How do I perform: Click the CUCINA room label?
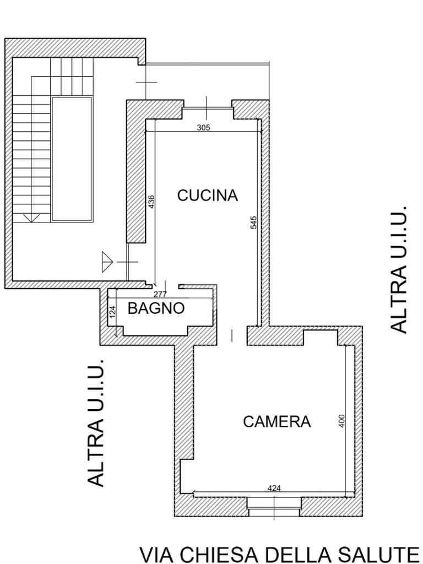point(207,196)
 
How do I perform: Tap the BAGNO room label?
point(156,308)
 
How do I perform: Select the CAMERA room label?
point(276,422)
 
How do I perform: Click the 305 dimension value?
point(203,128)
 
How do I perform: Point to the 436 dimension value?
point(151,202)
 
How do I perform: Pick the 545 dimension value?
point(254,223)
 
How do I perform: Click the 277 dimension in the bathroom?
point(160,295)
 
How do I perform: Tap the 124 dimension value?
point(113,312)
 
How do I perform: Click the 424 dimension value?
point(274,488)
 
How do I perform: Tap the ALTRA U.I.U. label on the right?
point(399,270)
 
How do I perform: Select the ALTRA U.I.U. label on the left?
point(96,423)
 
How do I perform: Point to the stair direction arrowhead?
point(31,218)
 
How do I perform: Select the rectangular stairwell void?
point(72,159)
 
